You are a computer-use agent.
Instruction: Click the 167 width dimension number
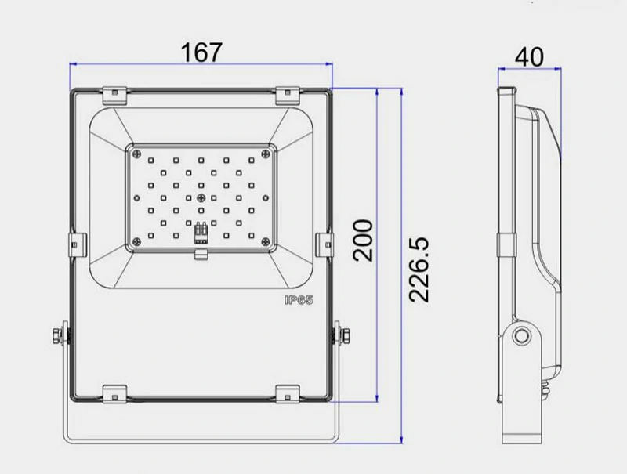(x=201, y=52)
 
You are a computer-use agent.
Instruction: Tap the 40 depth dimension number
(x=529, y=56)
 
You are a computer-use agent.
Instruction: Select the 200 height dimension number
(x=363, y=241)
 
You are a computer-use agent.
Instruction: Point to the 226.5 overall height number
(x=419, y=270)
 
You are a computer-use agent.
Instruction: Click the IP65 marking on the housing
(x=299, y=300)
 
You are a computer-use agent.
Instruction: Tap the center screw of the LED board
(x=201, y=198)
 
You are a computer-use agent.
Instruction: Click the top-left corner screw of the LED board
(x=136, y=154)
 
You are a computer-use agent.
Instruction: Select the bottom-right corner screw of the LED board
(x=266, y=241)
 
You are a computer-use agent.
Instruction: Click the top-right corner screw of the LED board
(x=266, y=154)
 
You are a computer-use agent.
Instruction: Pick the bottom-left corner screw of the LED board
(x=136, y=241)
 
